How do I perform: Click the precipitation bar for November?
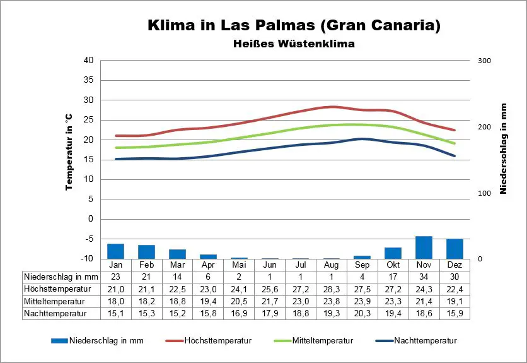click(x=424, y=247)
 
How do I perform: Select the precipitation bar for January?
click(x=115, y=251)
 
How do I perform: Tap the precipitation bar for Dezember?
click(x=455, y=249)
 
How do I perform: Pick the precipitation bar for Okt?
click(x=393, y=253)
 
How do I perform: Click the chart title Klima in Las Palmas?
click(x=294, y=25)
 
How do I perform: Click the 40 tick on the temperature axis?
click(x=88, y=61)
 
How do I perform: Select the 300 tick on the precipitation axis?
click(x=484, y=61)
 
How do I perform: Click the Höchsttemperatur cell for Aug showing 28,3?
click(x=332, y=289)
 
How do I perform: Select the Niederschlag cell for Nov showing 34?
click(x=424, y=277)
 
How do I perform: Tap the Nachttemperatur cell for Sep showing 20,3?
click(x=362, y=312)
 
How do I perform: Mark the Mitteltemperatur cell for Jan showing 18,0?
click(x=115, y=301)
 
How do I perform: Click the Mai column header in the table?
click(x=239, y=265)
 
